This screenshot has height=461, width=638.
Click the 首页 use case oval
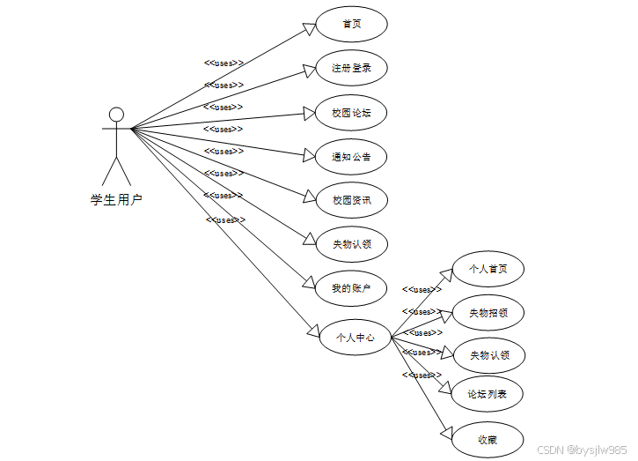pyautogui.click(x=351, y=24)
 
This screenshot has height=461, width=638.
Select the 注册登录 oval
pyautogui.click(x=351, y=68)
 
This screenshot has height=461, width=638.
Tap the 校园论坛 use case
pyautogui.click(x=351, y=112)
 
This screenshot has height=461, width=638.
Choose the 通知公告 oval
pyautogui.click(x=351, y=156)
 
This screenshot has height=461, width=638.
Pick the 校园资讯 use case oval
pyautogui.click(x=351, y=200)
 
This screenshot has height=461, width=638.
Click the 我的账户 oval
pyautogui.click(x=351, y=288)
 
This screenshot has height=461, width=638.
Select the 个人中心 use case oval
pyautogui.click(x=355, y=337)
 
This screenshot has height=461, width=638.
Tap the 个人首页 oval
pyautogui.click(x=488, y=268)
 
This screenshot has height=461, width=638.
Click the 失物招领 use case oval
pyautogui.click(x=488, y=312)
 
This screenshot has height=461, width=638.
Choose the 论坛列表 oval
pyautogui.click(x=488, y=394)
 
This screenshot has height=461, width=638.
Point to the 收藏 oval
pyautogui.click(x=488, y=438)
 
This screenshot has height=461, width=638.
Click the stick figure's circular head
pyautogui.click(x=116, y=114)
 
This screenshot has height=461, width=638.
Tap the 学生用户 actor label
pyautogui.click(x=116, y=199)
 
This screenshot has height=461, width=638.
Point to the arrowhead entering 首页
pyautogui.click(x=310, y=28)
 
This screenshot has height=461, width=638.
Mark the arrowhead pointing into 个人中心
pyautogui.click(x=313, y=331)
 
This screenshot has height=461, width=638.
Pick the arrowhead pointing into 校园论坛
pyautogui.click(x=309, y=113)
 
